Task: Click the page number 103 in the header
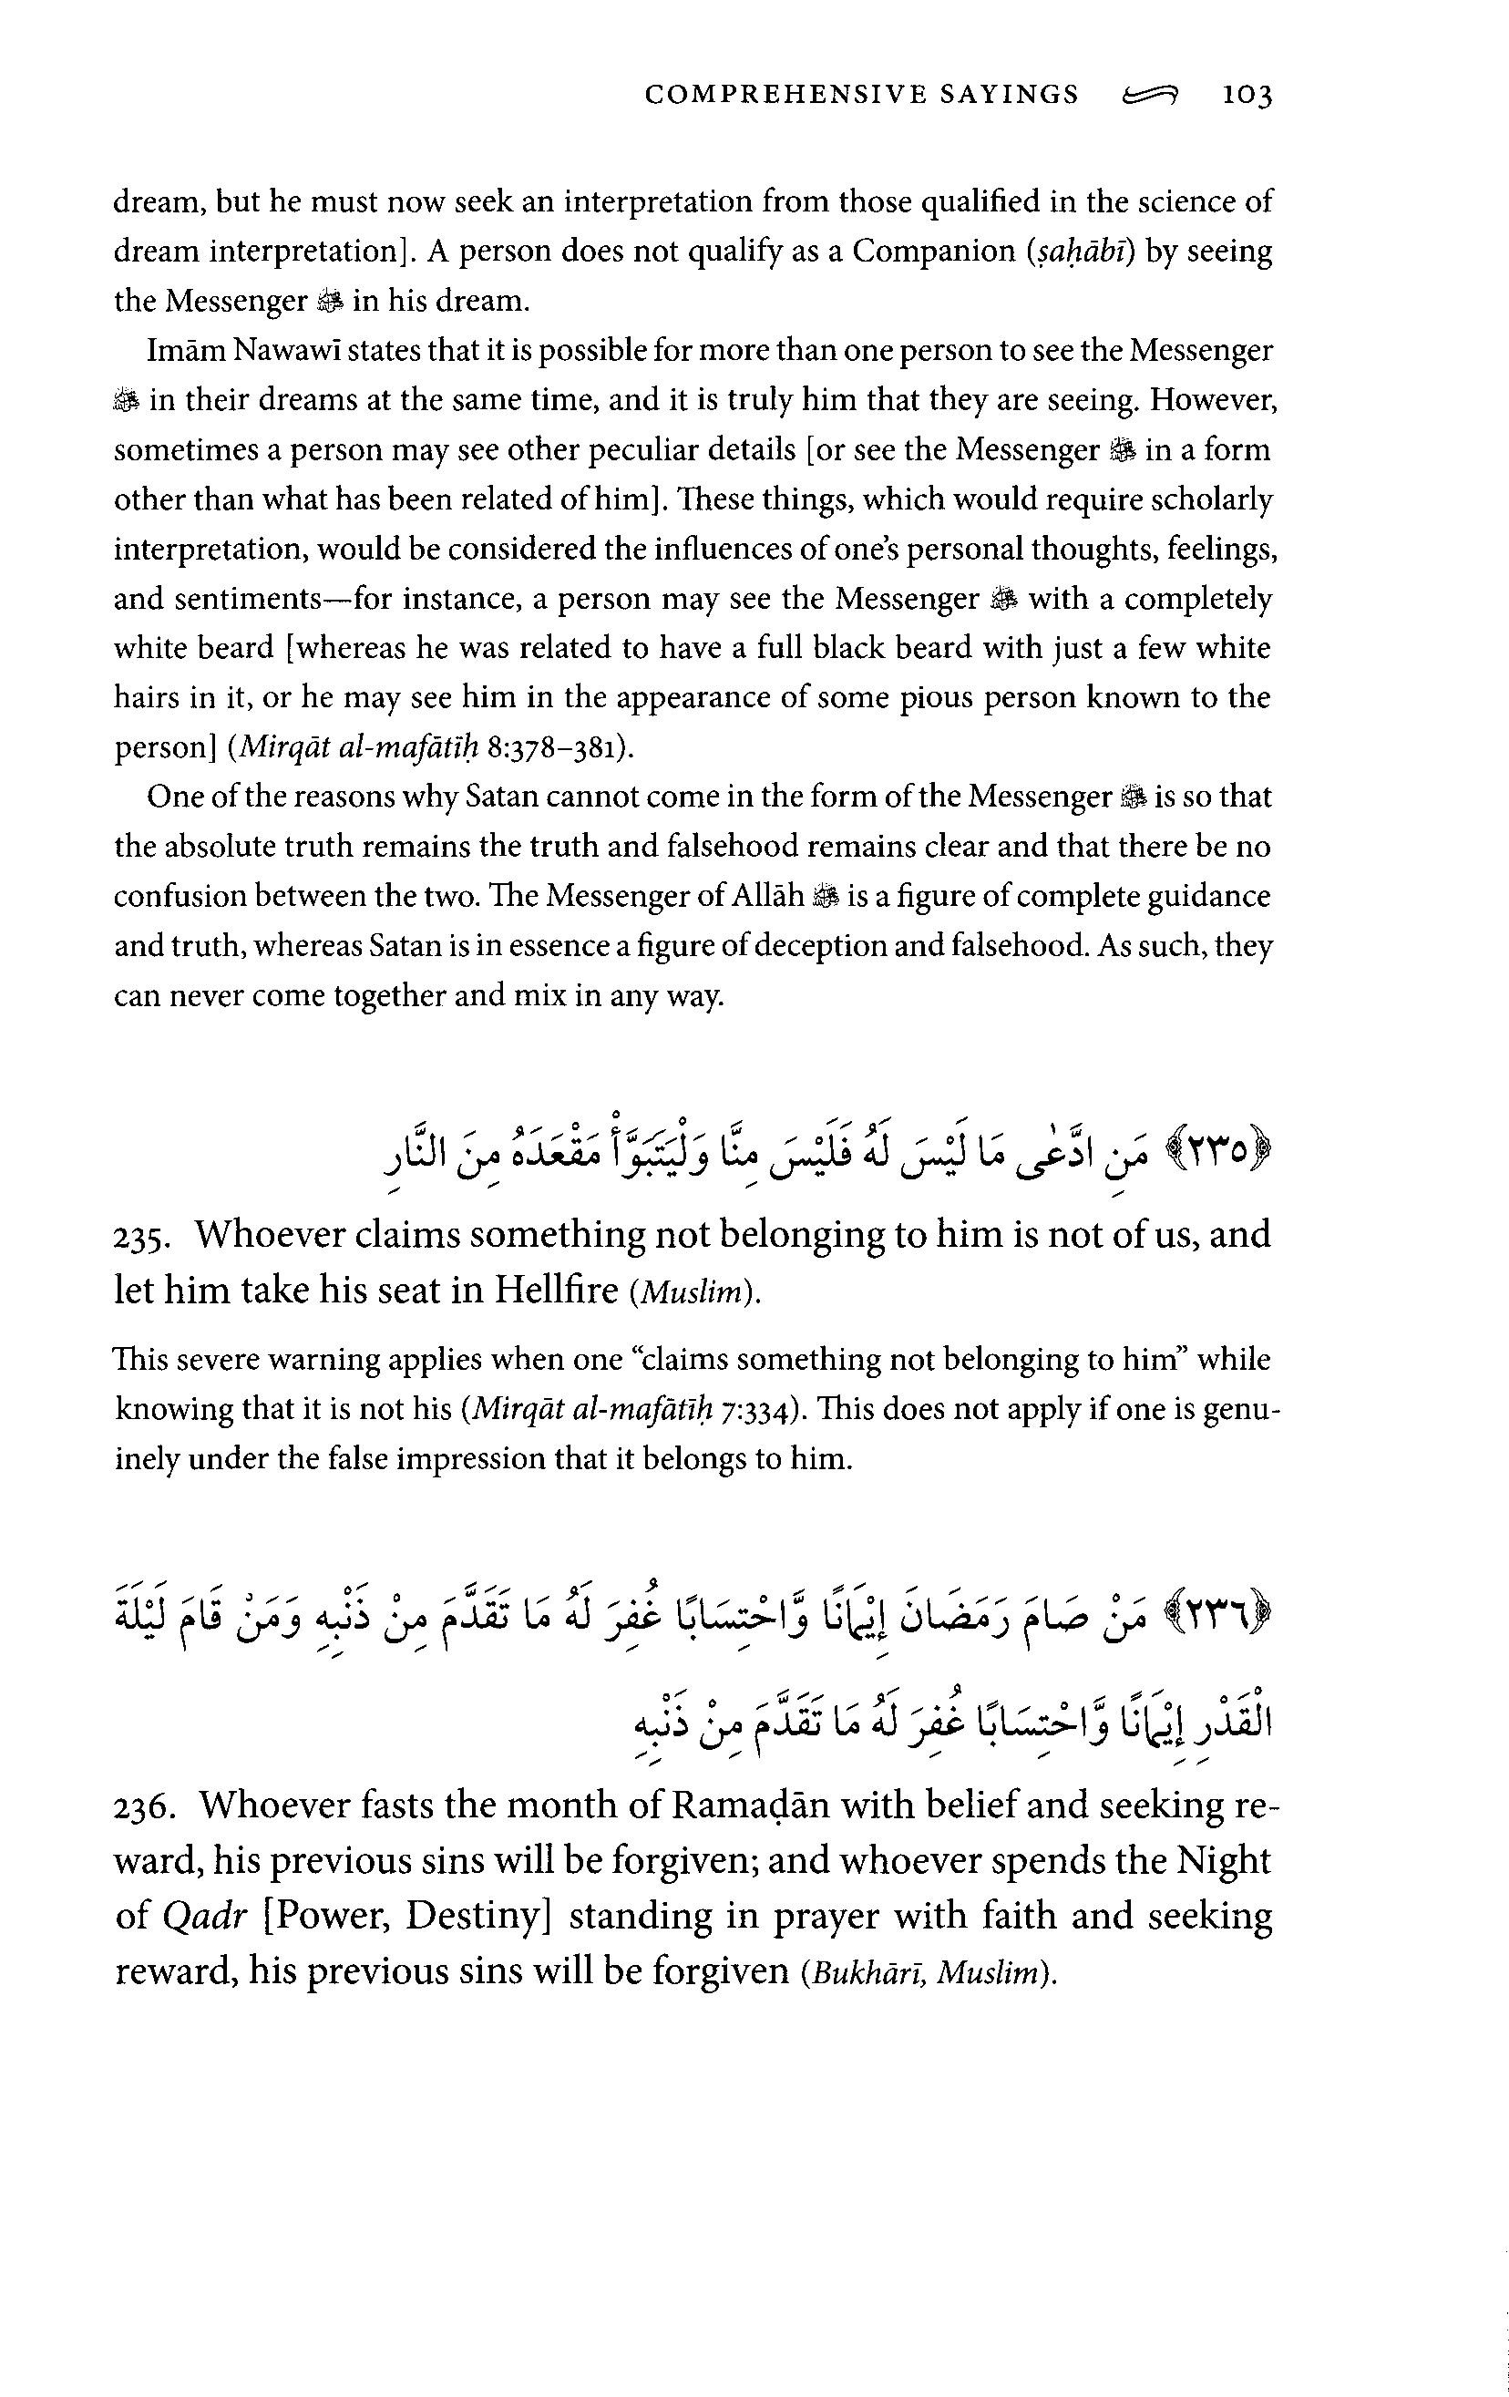(x=1247, y=96)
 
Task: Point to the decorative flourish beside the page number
(x=1150, y=96)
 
